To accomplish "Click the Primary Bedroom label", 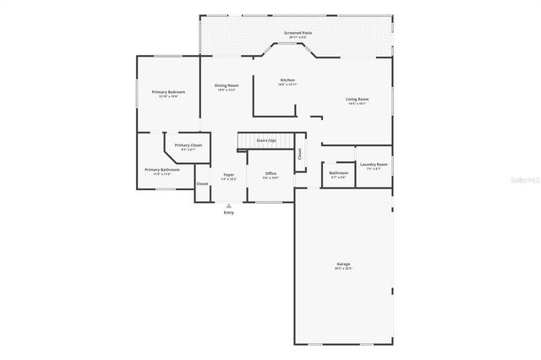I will pos(168,91).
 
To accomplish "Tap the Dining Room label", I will pos(226,85).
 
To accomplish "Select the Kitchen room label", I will pos(287,80).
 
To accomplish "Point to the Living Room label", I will pos(358,99).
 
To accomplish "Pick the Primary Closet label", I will pos(189,145).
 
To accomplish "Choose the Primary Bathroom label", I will pos(161,169).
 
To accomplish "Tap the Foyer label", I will pos(228,175).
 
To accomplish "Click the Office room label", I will pos(270,173).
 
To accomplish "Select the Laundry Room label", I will pos(374,164).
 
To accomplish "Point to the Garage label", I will pos(343,264).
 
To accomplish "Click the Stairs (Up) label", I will pos(266,139).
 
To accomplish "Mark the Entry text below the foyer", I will pos(228,212).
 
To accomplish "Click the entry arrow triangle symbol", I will pos(228,205).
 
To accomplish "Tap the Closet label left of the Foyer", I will pos(203,183).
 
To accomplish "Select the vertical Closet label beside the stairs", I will pos(299,154).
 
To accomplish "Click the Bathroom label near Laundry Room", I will pos(338,173).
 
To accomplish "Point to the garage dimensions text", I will pos(343,269).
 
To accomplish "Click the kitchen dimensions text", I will pos(287,85).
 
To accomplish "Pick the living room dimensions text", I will pos(358,104).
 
